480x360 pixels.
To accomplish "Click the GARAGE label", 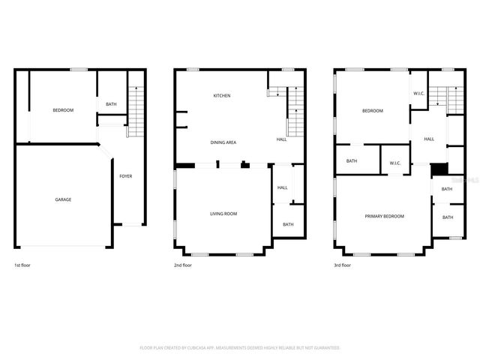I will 63,199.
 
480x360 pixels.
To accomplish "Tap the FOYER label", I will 126,176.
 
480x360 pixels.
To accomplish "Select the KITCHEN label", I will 221,96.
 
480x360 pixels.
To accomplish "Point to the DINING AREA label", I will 223,141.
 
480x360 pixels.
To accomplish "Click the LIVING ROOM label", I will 223,214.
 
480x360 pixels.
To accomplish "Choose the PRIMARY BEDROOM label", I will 384,216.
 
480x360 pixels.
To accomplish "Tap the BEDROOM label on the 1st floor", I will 63,110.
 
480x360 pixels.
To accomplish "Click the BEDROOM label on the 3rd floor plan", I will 373,111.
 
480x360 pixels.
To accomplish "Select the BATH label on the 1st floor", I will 111,104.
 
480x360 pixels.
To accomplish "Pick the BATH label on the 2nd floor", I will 288,224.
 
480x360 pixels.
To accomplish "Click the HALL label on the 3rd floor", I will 429,139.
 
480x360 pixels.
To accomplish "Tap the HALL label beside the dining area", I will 281,139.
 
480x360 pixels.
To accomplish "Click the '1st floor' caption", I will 23,265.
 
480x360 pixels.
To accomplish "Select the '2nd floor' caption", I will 183,265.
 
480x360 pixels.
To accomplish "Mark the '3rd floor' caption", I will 343,265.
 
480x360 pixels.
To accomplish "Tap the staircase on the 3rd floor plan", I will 456,100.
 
